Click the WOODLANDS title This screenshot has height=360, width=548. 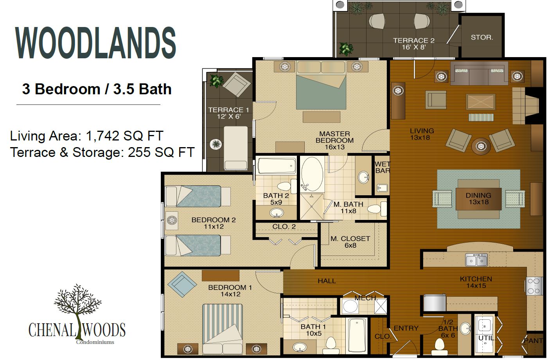click(95, 43)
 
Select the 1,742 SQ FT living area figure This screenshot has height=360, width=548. click(124, 136)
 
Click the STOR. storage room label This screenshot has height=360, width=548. click(482, 38)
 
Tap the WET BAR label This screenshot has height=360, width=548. click(382, 167)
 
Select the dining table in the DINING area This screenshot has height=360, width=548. click(478, 199)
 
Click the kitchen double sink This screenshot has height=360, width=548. click(476, 260)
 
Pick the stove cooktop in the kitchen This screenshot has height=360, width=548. click(534, 286)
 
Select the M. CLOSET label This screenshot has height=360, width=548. click(350, 242)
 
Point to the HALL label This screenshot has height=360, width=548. click(327, 281)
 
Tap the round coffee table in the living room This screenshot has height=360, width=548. click(481, 147)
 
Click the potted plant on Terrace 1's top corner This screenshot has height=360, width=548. click(216, 81)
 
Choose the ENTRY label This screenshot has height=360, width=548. click(406, 328)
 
